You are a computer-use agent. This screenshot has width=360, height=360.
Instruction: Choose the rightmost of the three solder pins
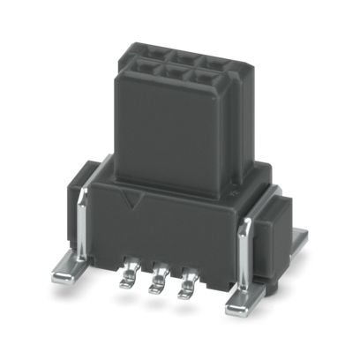186,288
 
